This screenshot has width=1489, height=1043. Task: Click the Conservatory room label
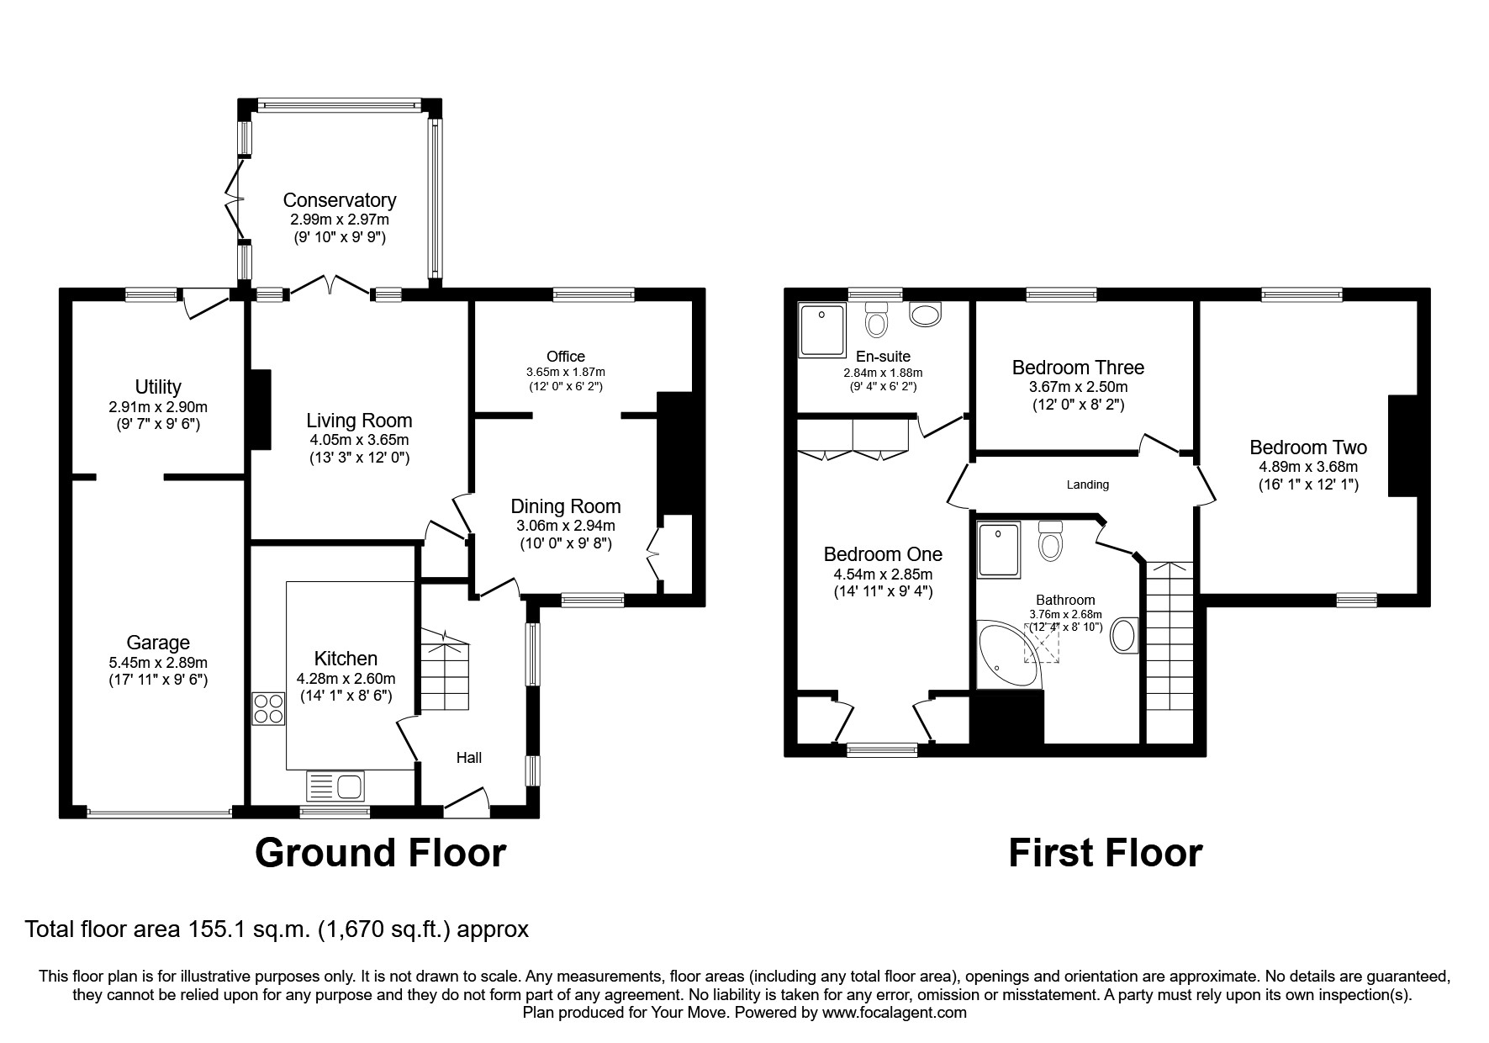(x=339, y=200)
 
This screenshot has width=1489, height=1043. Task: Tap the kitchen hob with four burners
(x=269, y=707)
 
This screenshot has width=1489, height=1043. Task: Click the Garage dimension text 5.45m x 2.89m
(x=158, y=662)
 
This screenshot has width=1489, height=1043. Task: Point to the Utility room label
(x=158, y=387)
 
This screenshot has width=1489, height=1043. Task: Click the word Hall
(x=468, y=758)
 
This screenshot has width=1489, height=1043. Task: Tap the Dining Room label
(x=566, y=506)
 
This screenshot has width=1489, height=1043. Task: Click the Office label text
(x=565, y=357)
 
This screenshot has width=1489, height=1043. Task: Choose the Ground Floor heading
(x=380, y=852)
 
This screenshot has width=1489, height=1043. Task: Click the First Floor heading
(x=1105, y=852)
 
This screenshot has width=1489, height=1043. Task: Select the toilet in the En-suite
(x=876, y=320)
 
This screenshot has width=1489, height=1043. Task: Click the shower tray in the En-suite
(x=824, y=329)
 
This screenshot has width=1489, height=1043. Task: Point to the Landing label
(x=1087, y=484)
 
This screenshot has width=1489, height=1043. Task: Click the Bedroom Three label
(x=1078, y=368)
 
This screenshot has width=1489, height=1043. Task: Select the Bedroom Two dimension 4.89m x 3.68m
(x=1308, y=467)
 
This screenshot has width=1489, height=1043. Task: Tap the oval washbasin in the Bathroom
(x=1124, y=637)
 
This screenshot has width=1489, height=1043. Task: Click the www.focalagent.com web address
(x=894, y=1013)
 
